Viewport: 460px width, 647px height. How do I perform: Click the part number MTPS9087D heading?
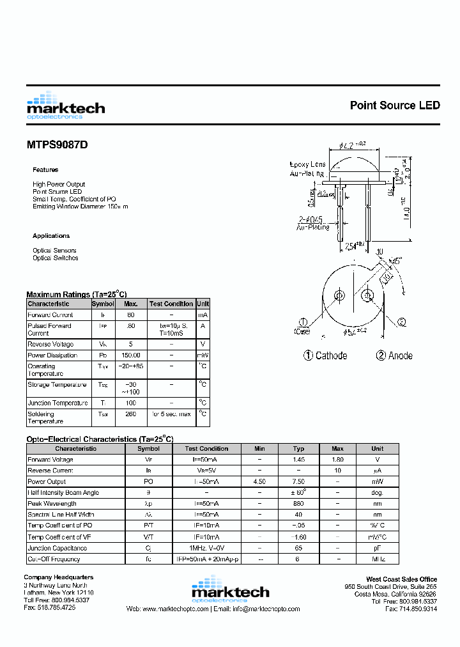coord(57,144)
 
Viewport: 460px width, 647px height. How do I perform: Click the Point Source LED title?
coord(395,105)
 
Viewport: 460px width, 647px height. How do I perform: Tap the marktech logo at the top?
coord(66,105)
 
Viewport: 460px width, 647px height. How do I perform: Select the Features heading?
coord(45,170)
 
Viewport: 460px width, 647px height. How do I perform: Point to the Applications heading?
coord(51,236)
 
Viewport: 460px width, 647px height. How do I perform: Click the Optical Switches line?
coord(56,258)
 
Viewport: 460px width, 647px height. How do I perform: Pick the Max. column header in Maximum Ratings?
coord(131,304)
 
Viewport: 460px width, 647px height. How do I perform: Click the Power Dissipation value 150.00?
coord(131,355)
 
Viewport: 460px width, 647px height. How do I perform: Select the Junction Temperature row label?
coord(57,403)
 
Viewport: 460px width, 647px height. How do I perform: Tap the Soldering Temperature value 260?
coord(131,414)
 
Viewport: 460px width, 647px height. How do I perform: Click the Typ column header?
coord(298,449)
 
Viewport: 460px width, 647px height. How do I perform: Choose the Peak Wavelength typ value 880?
coord(298,504)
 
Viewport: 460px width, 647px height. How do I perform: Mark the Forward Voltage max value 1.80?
coord(338,460)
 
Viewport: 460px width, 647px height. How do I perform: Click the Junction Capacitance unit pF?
coord(378,548)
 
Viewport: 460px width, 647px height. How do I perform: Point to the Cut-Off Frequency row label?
coord(54,559)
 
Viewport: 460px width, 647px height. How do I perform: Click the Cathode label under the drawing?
coord(325,355)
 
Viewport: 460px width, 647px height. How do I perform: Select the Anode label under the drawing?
coord(394,355)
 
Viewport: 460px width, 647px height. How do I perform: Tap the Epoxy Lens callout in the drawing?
coord(308,164)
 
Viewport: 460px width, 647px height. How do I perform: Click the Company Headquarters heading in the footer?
coord(59,578)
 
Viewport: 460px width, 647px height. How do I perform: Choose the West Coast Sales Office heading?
coord(401,579)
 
